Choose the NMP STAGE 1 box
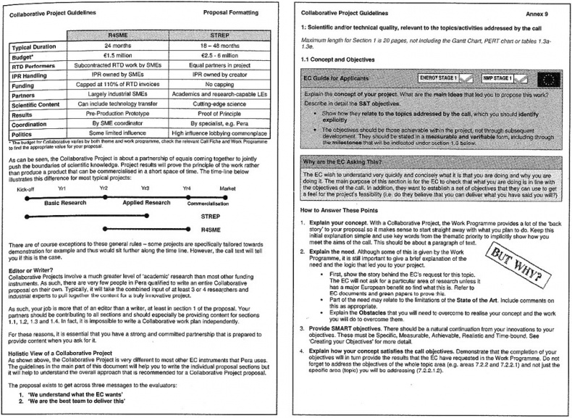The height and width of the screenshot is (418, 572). pyautogui.click(x=507, y=76)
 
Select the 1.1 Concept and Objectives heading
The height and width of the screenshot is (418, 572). pyautogui.click(x=339, y=58)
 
